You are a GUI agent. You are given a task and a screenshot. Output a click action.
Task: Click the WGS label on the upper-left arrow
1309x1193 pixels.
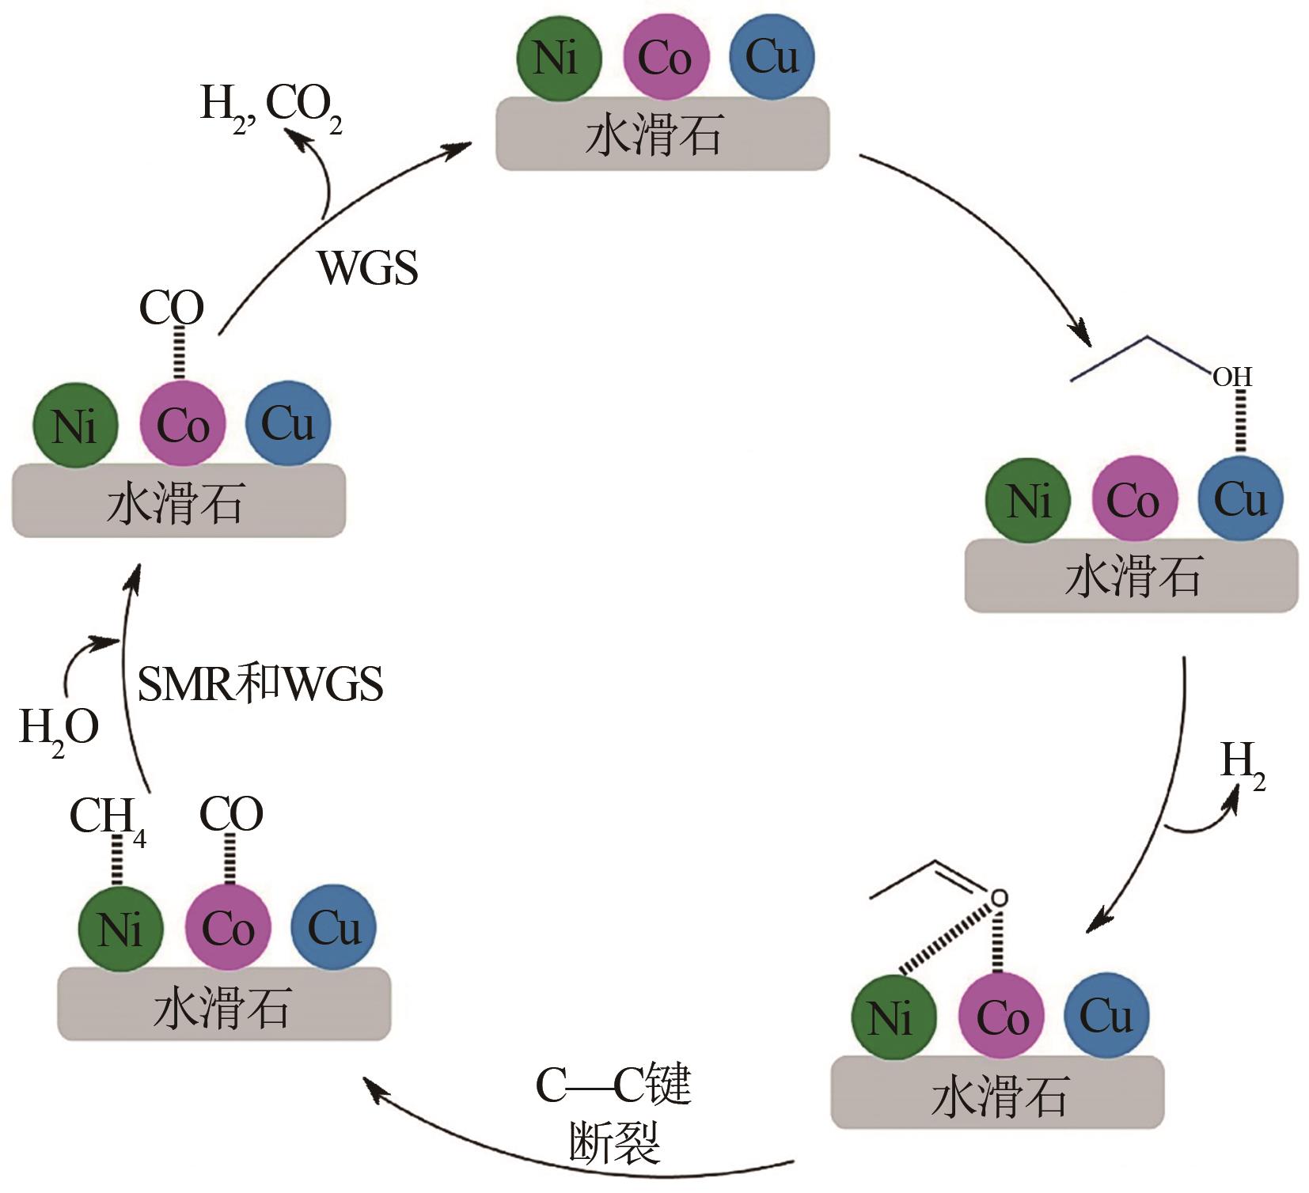pos(367,268)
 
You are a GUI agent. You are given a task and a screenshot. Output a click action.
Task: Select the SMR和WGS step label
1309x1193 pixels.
pos(260,684)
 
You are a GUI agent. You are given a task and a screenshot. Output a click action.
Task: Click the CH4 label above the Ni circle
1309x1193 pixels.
pos(107,818)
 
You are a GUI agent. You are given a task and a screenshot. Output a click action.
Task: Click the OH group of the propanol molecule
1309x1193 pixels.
pos(1232,377)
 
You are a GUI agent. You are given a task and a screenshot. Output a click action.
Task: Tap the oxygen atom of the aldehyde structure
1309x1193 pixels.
pos(1000,898)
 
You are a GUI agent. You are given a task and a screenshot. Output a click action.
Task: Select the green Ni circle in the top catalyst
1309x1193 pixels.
pos(559,58)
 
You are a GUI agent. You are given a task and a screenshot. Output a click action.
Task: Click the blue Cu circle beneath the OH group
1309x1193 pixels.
pos(1240,499)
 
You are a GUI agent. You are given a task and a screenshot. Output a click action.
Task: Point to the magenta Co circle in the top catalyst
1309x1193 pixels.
pos(666,58)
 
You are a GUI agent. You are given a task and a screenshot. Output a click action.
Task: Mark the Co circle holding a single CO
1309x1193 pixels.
pos(183,425)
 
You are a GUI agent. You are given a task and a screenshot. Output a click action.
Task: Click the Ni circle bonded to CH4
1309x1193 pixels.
pos(121,928)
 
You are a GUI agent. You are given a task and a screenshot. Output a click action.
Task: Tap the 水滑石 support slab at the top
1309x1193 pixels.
pos(662,134)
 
